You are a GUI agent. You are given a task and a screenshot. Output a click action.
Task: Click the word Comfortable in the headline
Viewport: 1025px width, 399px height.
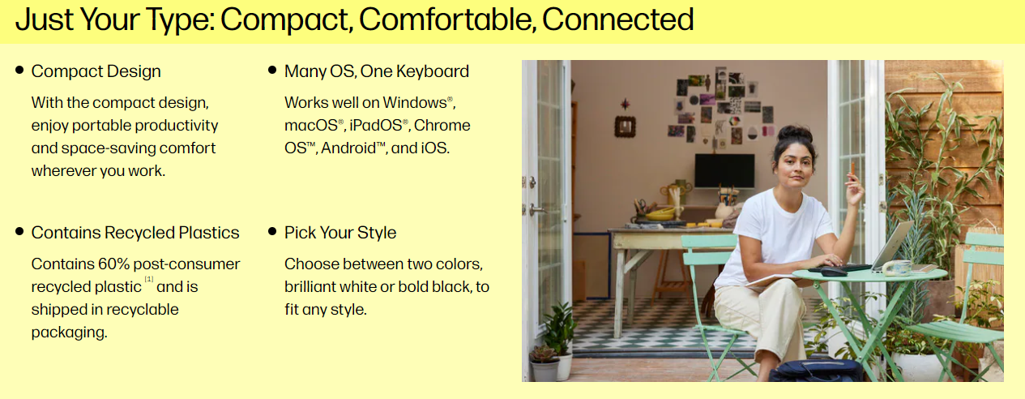coord(447,20)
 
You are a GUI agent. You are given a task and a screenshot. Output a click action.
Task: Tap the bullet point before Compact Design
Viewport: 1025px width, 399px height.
coord(19,70)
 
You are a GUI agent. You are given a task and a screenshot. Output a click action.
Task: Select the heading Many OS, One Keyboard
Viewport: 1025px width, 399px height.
coord(377,71)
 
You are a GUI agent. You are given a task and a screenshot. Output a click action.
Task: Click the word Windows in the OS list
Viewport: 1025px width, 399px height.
coord(415,103)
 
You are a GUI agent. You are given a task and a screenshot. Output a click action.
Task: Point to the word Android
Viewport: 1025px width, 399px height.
coord(348,148)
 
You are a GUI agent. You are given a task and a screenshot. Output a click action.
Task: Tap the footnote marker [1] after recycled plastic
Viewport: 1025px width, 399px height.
coord(149,279)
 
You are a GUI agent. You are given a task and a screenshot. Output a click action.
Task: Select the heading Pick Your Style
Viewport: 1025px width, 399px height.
coord(340,233)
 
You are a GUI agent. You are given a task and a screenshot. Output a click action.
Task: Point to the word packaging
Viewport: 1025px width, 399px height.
coord(69,332)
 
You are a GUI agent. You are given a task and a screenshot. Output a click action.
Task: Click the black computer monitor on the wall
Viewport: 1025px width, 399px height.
coord(724,170)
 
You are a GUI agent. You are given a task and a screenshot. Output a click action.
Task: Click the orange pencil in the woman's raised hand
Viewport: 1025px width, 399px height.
coord(853,170)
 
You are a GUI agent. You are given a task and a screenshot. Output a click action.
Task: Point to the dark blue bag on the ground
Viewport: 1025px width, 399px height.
coord(815,371)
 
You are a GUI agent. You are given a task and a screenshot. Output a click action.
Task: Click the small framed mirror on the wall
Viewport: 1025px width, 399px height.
coord(625,127)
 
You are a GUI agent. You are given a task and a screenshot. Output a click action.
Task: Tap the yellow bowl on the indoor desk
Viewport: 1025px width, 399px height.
coord(660,214)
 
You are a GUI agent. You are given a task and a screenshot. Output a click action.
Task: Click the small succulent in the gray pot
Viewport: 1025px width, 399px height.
coord(544,354)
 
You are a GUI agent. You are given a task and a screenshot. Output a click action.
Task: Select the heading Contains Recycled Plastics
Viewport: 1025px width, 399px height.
coord(135,233)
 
